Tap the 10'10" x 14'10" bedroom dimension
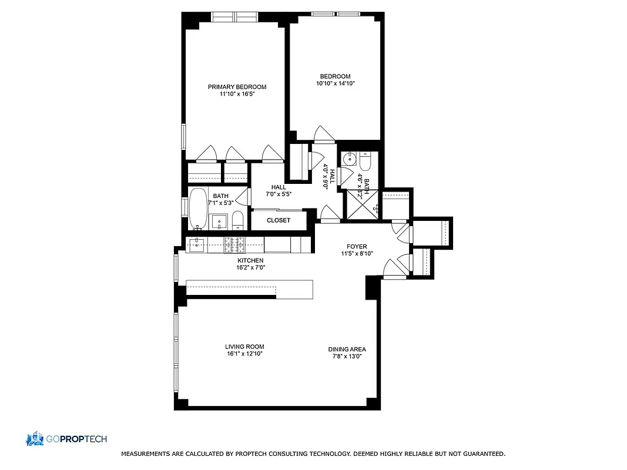[x=335, y=84]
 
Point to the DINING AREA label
[x=347, y=349]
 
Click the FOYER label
[x=357, y=247]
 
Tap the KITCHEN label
[x=250, y=260]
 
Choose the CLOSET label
[x=279, y=220]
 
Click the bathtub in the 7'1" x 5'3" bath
[x=198, y=209]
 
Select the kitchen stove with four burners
[x=235, y=244]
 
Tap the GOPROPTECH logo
[x=66, y=439]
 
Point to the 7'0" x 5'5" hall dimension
[x=279, y=194]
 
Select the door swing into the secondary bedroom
[x=323, y=135]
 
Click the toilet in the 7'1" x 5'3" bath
[x=237, y=220]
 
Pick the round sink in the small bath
[x=350, y=157]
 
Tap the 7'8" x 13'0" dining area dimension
[x=347, y=357]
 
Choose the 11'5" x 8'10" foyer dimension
[x=357, y=254]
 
